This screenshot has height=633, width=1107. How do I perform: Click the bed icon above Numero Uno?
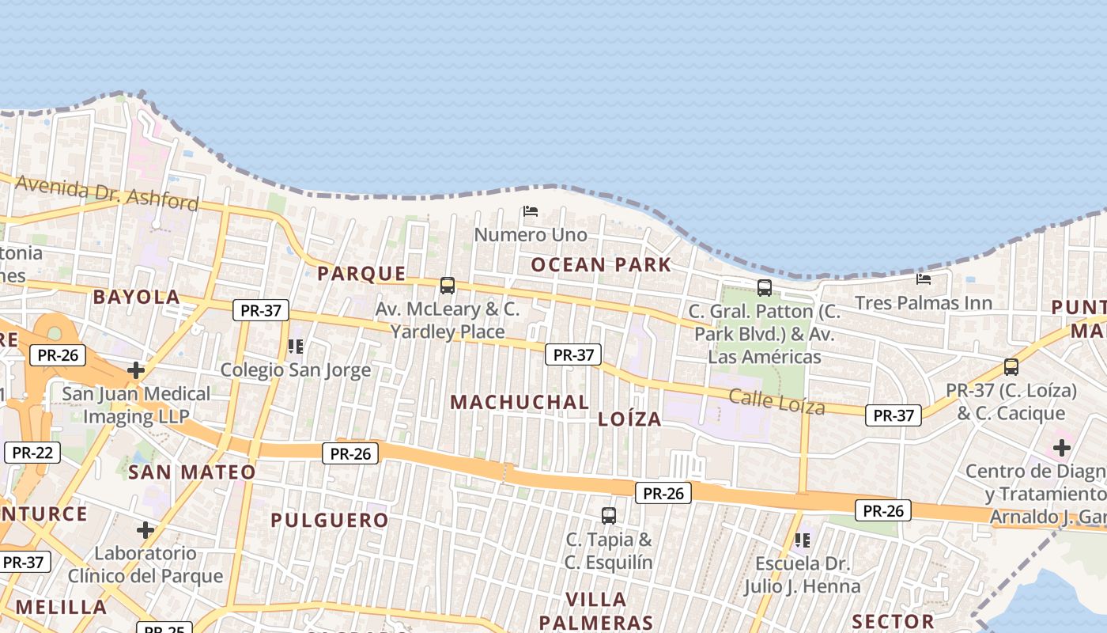pos(531,211)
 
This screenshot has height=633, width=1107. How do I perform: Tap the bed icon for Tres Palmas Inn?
pos(923,279)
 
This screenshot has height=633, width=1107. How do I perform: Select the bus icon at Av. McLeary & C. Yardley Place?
pos(448,285)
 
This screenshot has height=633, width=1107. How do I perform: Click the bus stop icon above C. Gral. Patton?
pos(764,287)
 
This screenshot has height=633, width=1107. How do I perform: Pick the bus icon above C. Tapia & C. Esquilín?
pos(609,515)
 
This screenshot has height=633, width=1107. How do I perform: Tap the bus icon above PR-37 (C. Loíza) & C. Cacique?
pos(1011,366)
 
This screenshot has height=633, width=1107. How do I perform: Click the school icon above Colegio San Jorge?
pos(295,346)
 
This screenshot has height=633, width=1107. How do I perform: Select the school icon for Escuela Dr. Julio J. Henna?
pos(802,540)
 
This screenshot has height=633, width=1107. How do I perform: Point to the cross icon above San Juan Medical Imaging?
pos(136,370)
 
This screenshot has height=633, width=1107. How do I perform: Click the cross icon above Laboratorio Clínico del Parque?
pos(145,529)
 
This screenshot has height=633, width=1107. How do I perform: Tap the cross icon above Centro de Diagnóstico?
pos(1061,448)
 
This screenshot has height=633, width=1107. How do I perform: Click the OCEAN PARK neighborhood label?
pos(601,265)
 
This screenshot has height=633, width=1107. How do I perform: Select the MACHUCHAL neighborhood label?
pos(519,402)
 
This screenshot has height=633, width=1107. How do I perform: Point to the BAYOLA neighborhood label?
pos(137,298)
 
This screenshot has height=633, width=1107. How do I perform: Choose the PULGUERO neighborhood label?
pos(330,520)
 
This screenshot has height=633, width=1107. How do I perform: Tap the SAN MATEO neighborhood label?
pos(192,472)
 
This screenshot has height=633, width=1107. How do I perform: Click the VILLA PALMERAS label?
pos(596,611)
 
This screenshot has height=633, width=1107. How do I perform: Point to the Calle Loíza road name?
pos(776,402)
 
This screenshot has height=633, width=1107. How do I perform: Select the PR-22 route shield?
pos(32,453)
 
